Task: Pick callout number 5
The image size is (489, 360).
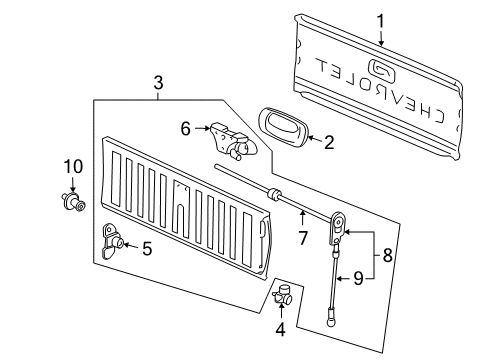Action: click(x=146, y=248)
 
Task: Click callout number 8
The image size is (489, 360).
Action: click(x=388, y=255)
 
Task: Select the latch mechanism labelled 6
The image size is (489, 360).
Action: click(x=231, y=141)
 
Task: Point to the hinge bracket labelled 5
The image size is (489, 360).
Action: click(x=112, y=239)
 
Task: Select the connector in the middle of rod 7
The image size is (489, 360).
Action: click(x=273, y=192)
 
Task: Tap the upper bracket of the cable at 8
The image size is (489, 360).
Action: click(x=339, y=222)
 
